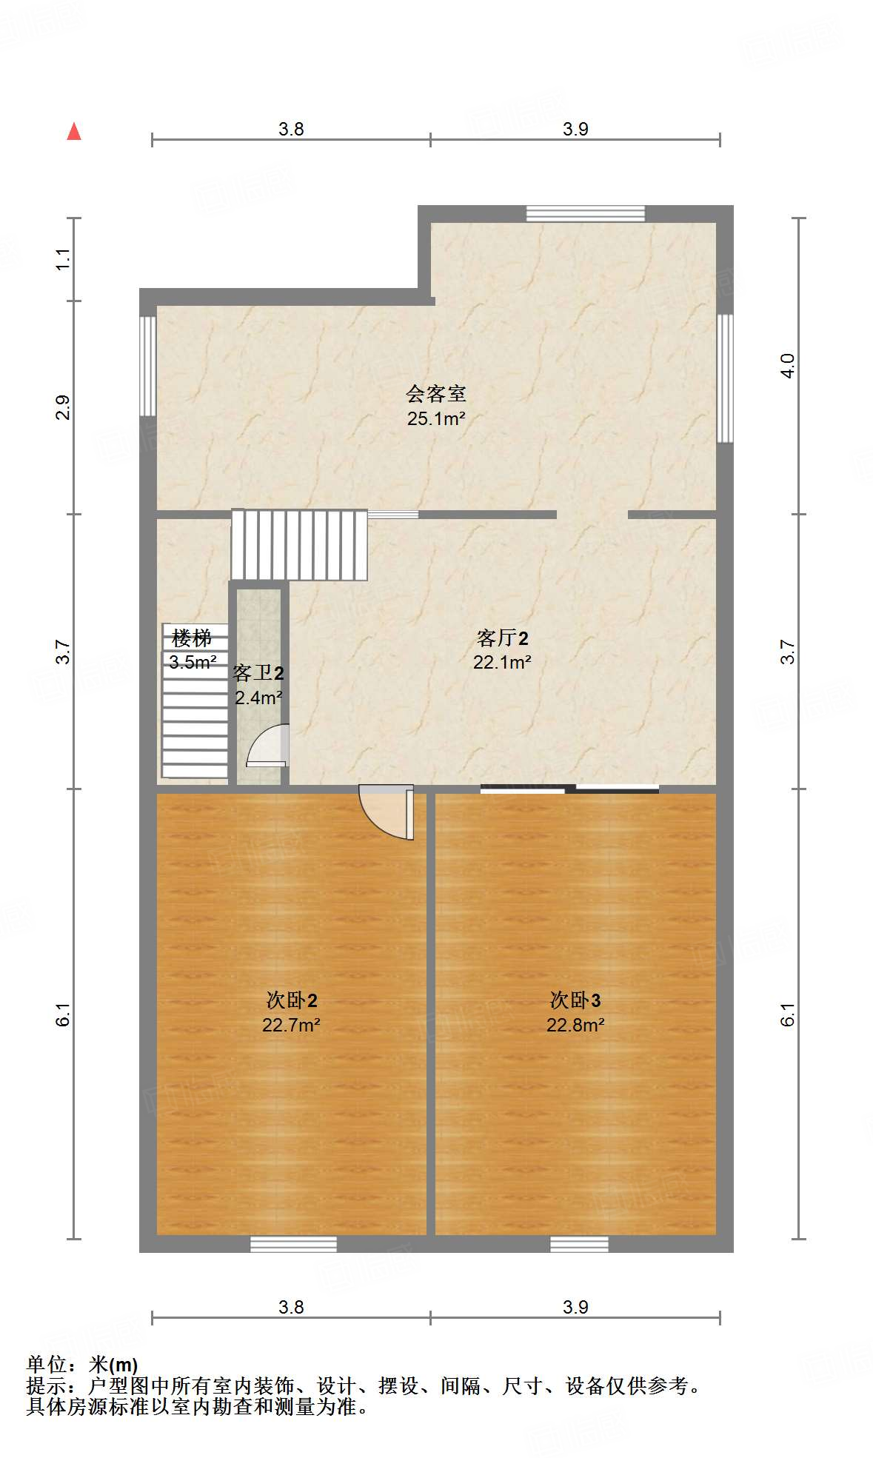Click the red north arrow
(74, 132)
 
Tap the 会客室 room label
(436, 393)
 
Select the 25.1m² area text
(436, 418)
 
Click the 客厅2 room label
(502, 638)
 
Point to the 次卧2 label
(292, 1000)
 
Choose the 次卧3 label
(575, 1000)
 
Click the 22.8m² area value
(575, 1025)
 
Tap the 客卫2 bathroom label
(258, 673)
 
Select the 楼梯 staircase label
(191, 638)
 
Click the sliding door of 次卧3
(569, 789)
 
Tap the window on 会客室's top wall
(585, 213)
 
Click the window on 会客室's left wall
(148, 366)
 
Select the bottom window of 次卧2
(293, 1244)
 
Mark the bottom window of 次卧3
(579, 1244)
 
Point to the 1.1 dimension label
(64, 259)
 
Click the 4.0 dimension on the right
(788, 366)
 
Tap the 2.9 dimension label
(64, 408)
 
